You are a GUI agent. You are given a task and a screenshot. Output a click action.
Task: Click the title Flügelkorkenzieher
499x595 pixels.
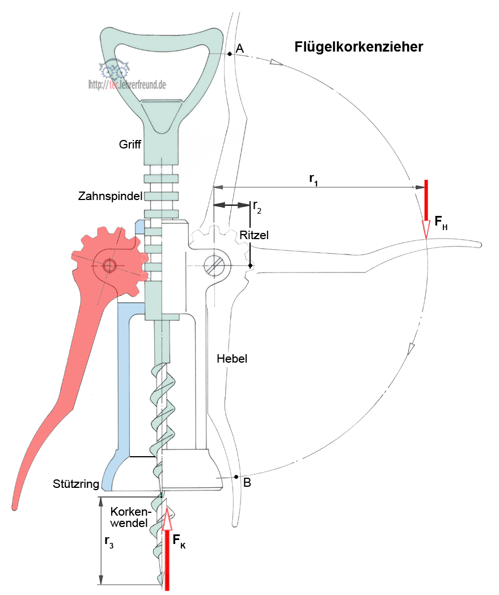pyautogui.click(x=358, y=47)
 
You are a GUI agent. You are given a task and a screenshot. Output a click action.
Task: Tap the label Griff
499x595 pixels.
pyautogui.click(x=130, y=144)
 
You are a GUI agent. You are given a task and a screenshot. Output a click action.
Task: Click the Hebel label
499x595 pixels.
pyautogui.click(x=232, y=359)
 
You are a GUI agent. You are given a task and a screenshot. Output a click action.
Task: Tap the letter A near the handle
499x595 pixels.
pyautogui.click(x=240, y=50)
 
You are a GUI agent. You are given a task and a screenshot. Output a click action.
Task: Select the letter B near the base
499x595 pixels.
pyautogui.click(x=247, y=483)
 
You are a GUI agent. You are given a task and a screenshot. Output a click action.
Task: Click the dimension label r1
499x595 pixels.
pyautogui.click(x=313, y=178)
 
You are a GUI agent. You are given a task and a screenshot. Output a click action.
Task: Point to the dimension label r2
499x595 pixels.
pyautogui.click(x=257, y=206)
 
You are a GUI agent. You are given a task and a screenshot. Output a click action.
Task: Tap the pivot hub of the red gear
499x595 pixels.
pyautogui.click(x=109, y=265)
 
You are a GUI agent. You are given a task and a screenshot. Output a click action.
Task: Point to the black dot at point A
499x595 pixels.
pyautogui.click(x=229, y=54)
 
